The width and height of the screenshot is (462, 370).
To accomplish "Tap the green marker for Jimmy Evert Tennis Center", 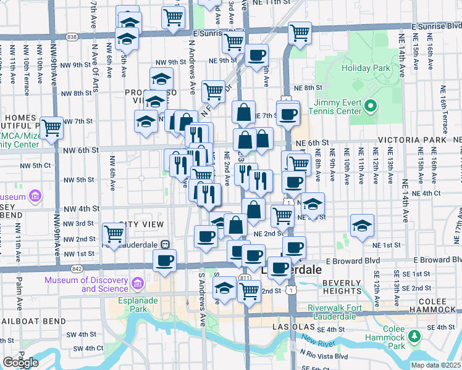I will (371, 107).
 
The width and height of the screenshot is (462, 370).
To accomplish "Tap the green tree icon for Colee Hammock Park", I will (415, 335).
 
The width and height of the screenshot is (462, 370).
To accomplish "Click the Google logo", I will (20, 363).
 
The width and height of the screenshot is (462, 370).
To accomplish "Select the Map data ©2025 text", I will (436, 365).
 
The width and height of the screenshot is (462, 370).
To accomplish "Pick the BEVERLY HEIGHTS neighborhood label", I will (342, 286).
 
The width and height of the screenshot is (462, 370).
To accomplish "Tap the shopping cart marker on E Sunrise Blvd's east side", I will (300, 32).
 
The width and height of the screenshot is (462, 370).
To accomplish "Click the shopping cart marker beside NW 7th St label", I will (52, 128).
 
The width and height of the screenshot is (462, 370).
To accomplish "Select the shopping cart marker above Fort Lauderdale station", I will (114, 234).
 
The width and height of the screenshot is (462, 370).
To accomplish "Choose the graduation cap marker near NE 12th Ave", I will (362, 225).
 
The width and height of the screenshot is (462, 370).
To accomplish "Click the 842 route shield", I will (76, 269).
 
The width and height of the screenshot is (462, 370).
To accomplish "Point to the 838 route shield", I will (72, 37).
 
